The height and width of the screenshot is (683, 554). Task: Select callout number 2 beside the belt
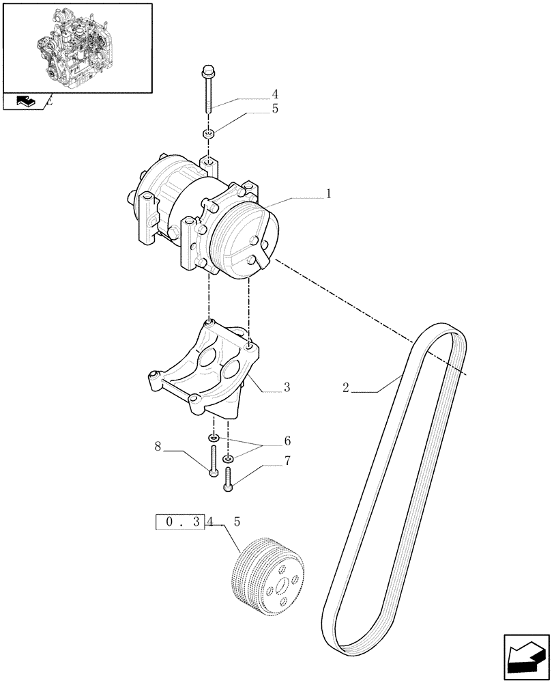[x=346, y=388]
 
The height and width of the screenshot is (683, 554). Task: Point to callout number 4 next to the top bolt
[x=274, y=94]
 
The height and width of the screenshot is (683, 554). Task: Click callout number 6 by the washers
[x=287, y=441]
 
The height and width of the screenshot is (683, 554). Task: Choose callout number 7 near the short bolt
[x=287, y=461]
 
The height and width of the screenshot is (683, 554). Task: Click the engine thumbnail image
[x=77, y=46]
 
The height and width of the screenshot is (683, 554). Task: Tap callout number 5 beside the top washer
[x=274, y=109]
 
